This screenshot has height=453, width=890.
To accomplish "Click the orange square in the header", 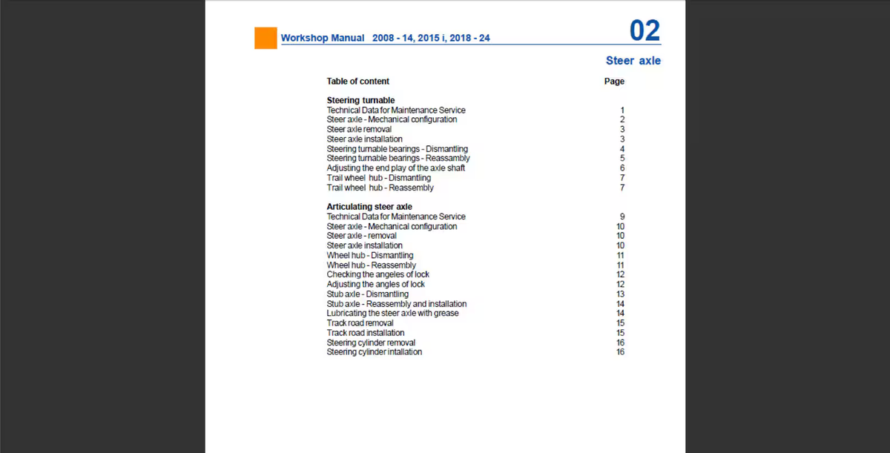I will tap(266, 38).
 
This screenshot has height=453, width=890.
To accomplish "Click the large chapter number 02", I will tap(644, 30).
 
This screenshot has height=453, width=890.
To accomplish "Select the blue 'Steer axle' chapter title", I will tap(633, 61).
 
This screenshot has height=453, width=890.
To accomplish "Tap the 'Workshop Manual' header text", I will tap(323, 38).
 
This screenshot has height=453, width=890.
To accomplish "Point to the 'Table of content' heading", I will tap(357, 82).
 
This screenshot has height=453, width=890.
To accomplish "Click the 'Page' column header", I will tap(614, 82).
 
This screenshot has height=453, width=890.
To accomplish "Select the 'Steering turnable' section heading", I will tap(360, 100).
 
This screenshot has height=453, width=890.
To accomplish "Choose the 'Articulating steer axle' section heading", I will tap(369, 207).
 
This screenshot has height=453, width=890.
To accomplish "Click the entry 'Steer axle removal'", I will tap(359, 129).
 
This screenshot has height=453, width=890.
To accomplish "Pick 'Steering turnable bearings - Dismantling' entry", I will tap(397, 149).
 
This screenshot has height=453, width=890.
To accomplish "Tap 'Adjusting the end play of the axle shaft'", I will tap(396, 168).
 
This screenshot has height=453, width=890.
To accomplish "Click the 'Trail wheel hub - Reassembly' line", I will tap(380, 188).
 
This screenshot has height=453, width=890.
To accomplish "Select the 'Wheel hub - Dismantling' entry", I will tap(370, 255).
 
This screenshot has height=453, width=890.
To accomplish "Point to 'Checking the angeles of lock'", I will tap(378, 274).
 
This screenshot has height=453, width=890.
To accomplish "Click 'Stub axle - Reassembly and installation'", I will tap(397, 304).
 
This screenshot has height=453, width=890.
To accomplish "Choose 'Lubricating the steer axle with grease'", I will tap(392, 313).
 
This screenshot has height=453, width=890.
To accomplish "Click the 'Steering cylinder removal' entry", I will tap(371, 343).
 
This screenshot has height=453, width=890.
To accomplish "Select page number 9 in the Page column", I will tap(622, 216).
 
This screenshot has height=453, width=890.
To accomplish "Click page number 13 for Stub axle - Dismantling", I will tap(621, 294).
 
